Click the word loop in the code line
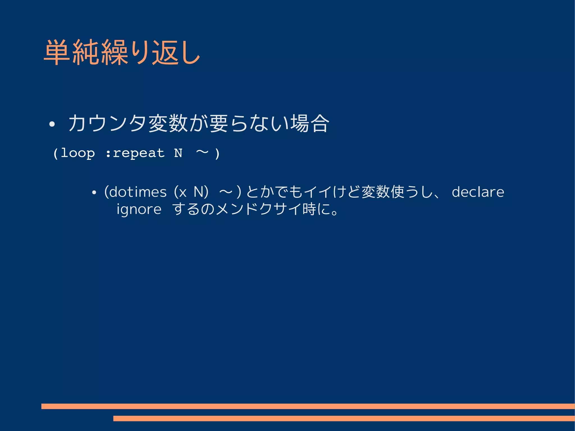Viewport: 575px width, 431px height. click(x=78, y=153)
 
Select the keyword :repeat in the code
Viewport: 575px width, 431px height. click(x=135, y=153)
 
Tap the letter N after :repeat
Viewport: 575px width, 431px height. click(x=178, y=153)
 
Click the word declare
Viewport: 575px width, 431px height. click(x=478, y=192)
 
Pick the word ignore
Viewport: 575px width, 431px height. click(x=139, y=209)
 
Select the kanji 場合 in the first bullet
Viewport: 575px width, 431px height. click(x=310, y=123)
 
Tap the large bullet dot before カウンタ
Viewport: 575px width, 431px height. click(x=52, y=124)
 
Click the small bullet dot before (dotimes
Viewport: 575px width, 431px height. click(x=94, y=193)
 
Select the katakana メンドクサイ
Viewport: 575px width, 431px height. click(x=258, y=209)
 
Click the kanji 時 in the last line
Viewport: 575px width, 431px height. click(x=309, y=209)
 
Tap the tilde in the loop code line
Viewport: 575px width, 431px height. click(x=202, y=152)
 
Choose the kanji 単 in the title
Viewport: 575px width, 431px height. click(x=57, y=53)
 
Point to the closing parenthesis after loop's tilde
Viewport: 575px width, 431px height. click(x=217, y=154)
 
